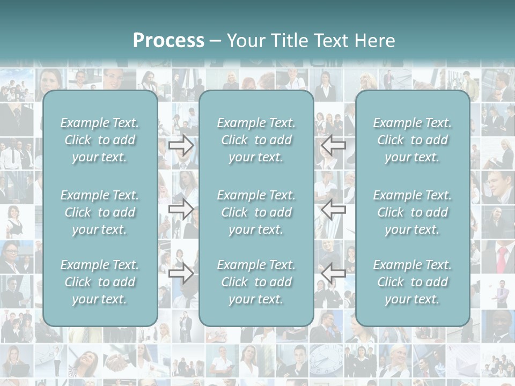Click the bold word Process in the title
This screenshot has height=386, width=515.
(x=168, y=41)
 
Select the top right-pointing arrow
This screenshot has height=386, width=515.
(x=181, y=145)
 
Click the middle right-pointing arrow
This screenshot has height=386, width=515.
(x=181, y=209)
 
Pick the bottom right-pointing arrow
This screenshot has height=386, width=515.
(x=181, y=273)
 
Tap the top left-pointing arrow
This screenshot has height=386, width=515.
(x=334, y=145)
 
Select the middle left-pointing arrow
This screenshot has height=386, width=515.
(x=334, y=209)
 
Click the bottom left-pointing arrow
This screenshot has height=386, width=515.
(x=334, y=273)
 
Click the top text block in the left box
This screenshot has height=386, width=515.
(x=100, y=140)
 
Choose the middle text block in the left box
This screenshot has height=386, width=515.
(x=100, y=212)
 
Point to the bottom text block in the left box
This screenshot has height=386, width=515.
(x=100, y=282)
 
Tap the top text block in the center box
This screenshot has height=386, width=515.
(x=256, y=140)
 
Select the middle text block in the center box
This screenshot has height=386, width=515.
(x=256, y=212)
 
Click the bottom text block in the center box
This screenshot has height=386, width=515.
(x=256, y=282)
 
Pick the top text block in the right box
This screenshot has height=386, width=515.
(x=412, y=140)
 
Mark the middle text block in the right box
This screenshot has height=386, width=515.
(x=412, y=212)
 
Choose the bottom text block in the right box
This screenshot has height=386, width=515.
(x=412, y=282)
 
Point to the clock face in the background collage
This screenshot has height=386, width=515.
(x=326, y=358)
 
